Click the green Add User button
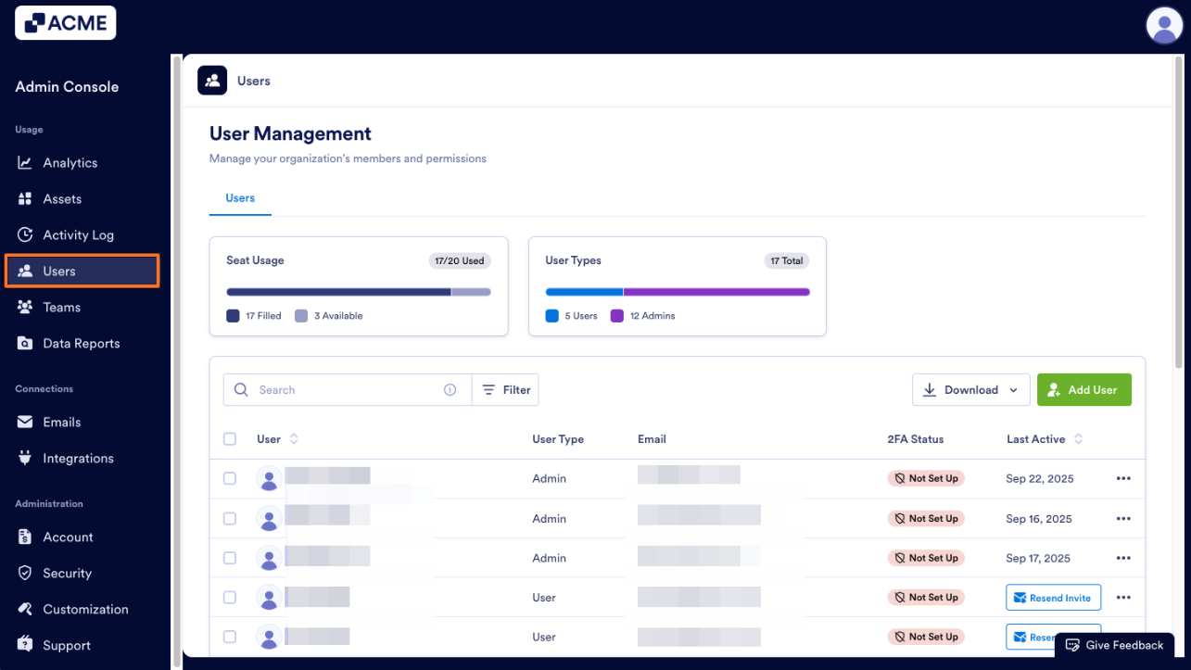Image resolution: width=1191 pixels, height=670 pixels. pyautogui.click(x=1083, y=390)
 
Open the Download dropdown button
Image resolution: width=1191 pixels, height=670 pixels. pyautogui.click(x=970, y=390)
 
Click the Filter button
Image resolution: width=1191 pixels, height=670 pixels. pyautogui.click(x=506, y=390)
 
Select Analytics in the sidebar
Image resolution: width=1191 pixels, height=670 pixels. pyautogui.click(x=70, y=163)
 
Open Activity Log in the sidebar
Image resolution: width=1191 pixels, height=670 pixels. pyautogui.click(x=78, y=235)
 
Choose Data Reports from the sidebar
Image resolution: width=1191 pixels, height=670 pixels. pyautogui.click(x=81, y=344)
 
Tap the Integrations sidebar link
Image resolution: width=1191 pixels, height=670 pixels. pyautogui.click(x=78, y=459)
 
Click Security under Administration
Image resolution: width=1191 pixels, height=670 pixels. pyautogui.click(x=67, y=574)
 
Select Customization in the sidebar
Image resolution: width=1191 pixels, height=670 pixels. pyautogui.click(x=85, y=610)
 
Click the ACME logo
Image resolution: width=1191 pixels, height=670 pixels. pyautogui.click(x=66, y=23)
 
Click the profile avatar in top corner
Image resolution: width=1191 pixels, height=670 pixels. pyautogui.click(x=1164, y=25)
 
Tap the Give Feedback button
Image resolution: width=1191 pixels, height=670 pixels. pyautogui.click(x=1115, y=645)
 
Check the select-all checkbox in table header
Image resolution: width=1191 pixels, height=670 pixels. pyautogui.click(x=230, y=439)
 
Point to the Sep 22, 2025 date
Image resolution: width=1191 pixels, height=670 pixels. pyautogui.click(x=1039, y=479)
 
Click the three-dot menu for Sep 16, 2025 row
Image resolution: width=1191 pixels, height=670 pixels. pyautogui.click(x=1123, y=519)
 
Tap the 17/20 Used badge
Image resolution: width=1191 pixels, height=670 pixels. pyautogui.click(x=460, y=261)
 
